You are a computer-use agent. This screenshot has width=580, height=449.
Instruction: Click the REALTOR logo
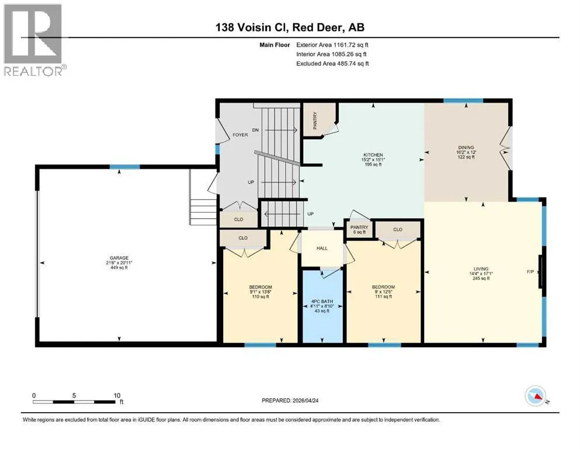(35, 40)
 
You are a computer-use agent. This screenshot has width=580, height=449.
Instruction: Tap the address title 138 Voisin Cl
(253, 27)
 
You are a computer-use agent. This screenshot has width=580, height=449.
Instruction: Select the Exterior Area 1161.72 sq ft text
(332, 45)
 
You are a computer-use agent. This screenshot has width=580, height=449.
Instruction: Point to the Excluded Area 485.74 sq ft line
(332, 64)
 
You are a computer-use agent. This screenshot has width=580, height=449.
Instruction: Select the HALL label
(322, 248)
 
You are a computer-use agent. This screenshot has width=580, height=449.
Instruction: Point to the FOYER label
(240, 134)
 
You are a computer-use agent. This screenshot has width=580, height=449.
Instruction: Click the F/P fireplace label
(530, 272)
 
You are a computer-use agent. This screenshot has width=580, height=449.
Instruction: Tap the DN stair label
(255, 130)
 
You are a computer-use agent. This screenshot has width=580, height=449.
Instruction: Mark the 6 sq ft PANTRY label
(359, 230)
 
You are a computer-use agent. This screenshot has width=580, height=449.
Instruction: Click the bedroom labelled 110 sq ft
(261, 292)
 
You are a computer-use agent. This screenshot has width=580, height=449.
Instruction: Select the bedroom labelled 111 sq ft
(383, 292)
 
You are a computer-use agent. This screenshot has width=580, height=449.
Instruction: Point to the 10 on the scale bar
(117, 395)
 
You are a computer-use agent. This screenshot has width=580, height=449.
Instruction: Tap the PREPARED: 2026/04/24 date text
(290, 400)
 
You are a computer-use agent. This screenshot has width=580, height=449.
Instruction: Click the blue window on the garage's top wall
(124, 167)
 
